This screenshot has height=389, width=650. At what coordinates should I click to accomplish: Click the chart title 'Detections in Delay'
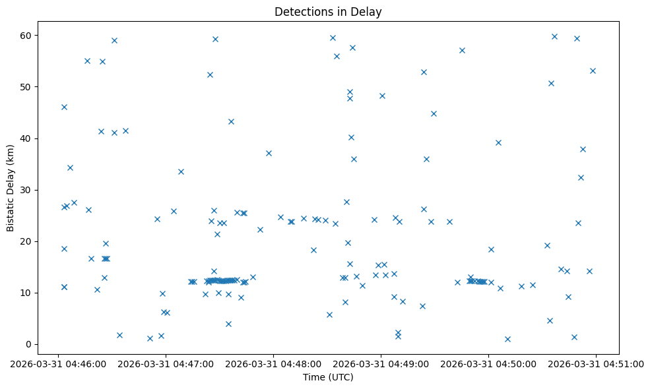pyautogui.click(x=328, y=12)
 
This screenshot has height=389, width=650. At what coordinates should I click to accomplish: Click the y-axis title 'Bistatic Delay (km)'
pyautogui.click(x=11, y=188)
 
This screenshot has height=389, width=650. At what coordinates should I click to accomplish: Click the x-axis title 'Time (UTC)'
pyautogui.click(x=328, y=377)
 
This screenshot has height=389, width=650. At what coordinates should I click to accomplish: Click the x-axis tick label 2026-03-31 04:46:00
pyautogui.click(x=58, y=363)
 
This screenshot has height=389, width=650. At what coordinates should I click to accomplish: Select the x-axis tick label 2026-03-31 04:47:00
pyautogui.click(x=166, y=363)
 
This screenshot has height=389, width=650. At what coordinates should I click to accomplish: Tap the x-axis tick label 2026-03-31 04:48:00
pyautogui.click(x=273, y=363)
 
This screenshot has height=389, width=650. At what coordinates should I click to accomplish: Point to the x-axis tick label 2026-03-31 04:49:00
pyautogui.click(x=381, y=363)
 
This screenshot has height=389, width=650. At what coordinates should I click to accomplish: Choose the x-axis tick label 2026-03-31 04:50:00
pyautogui.click(x=488, y=363)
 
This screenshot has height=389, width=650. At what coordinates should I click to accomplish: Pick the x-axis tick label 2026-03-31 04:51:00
pyautogui.click(x=596, y=363)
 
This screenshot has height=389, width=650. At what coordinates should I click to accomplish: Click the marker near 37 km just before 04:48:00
pyautogui.click(x=269, y=153)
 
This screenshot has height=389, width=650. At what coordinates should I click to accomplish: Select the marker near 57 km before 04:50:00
pyautogui.click(x=462, y=50)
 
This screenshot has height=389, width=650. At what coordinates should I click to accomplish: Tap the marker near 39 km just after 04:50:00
pyautogui.click(x=498, y=142)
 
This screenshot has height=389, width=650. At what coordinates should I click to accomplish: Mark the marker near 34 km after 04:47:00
pyautogui.click(x=181, y=171)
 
